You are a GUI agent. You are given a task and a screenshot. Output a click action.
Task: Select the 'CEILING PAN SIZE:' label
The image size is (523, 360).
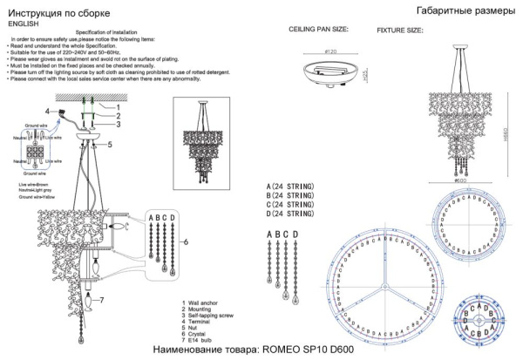pos(318,29)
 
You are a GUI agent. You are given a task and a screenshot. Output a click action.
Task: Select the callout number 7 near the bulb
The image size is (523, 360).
pos(102,301)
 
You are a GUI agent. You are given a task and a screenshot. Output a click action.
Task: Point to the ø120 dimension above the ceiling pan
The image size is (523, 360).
pos(329,52)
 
